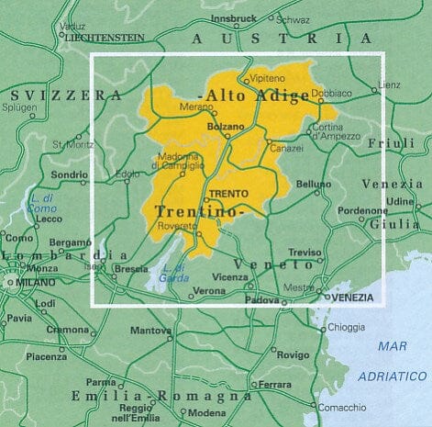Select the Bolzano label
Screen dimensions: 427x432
click(225, 125)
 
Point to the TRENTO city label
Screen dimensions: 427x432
click(224, 193)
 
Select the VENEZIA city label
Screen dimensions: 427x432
click(351, 298)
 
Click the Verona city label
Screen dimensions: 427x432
click(210, 291)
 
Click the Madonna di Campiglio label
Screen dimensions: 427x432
click(179, 160)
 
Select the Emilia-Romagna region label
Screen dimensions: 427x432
click(161, 397)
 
